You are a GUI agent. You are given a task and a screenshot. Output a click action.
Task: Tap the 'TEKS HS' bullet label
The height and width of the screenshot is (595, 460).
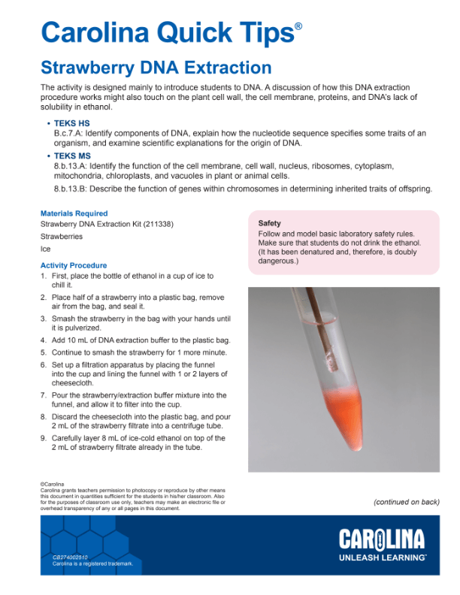click(x=71, y=122)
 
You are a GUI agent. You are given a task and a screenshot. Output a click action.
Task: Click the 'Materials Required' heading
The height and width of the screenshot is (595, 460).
click(x=74, y=213)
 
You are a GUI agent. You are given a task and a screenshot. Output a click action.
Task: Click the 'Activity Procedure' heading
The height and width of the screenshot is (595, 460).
click(x=74, y=266)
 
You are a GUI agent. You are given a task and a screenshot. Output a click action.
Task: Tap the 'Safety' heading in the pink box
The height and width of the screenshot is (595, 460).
click(x=269, y=223)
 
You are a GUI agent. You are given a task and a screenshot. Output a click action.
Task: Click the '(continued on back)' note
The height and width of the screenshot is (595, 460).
click(x=406, y=502)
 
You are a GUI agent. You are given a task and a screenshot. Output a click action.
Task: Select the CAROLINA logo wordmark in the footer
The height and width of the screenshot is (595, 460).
click(x=382, y=539)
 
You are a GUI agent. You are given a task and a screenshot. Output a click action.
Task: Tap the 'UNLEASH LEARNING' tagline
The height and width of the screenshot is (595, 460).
click(x=383, y=558)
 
